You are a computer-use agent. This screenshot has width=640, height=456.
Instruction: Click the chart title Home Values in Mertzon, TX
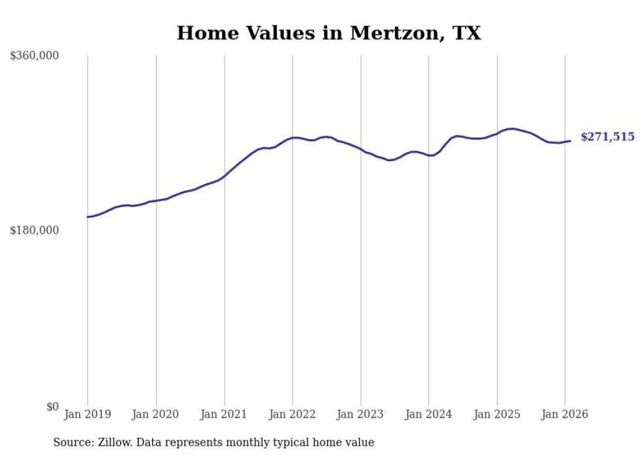click(328, 33)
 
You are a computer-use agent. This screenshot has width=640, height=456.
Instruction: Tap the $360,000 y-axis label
click(34, 56)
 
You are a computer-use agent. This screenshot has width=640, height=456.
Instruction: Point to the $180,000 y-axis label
click(34, 230)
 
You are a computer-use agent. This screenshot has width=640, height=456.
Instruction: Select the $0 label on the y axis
click(52, 407)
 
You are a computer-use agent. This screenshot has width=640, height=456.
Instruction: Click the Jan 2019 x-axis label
click(88, 415)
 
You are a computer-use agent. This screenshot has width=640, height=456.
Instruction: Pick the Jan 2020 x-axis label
click(155, 415)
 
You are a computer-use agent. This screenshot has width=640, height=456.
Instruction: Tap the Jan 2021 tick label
click(224, 415)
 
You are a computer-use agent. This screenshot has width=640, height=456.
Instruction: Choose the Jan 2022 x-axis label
click(292, 415)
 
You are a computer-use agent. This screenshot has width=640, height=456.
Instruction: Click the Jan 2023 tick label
click(360, 415)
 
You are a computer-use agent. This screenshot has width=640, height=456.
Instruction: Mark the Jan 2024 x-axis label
click(428, 415)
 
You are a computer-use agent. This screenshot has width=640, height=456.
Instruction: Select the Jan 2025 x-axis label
click(497, 415)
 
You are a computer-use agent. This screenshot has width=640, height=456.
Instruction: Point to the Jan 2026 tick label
click(565, 415)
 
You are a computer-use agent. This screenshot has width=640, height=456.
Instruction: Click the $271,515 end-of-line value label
click(607, 137)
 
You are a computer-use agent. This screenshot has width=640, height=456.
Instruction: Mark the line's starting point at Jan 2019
click(88, 217)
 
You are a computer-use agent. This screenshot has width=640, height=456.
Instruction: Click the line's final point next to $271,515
click(570, 141)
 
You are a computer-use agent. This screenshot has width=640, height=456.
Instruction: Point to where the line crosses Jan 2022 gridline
click(293, 138)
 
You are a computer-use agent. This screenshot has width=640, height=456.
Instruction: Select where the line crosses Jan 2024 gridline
click(428, 155)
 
